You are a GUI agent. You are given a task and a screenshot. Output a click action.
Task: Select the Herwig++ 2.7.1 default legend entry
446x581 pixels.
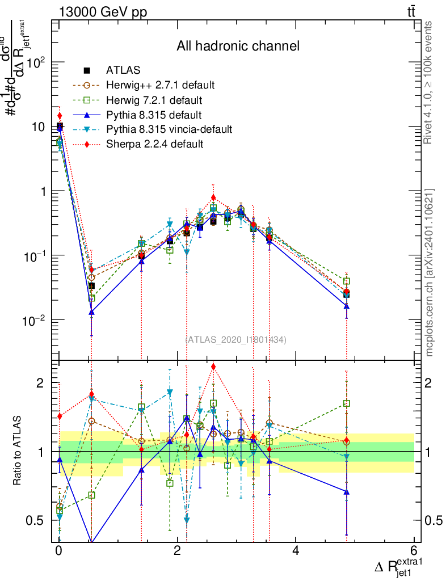160,86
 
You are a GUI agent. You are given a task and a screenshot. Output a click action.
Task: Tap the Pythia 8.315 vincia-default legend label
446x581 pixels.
169,129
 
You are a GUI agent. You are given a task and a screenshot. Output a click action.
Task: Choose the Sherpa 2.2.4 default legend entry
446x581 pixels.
154,144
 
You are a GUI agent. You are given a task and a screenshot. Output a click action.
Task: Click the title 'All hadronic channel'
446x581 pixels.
238,46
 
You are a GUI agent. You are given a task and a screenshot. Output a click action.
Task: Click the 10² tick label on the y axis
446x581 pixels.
37,62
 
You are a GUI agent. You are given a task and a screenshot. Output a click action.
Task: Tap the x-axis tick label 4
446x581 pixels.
296,551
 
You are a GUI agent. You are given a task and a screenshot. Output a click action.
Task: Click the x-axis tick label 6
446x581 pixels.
414,551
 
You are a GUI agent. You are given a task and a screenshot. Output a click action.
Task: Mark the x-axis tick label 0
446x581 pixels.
58,551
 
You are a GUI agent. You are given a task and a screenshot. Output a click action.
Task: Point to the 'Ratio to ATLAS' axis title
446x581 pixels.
18,451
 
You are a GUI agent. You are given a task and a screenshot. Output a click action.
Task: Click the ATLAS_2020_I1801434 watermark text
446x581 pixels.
236,340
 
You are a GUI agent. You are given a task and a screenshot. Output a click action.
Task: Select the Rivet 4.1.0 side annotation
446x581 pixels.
430,82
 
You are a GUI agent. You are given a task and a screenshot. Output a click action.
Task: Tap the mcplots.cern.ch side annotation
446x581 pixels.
430,272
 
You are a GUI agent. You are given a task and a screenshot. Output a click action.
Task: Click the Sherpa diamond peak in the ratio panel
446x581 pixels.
213,367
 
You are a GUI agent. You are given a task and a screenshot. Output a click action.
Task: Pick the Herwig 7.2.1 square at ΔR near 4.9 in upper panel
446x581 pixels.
346,281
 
